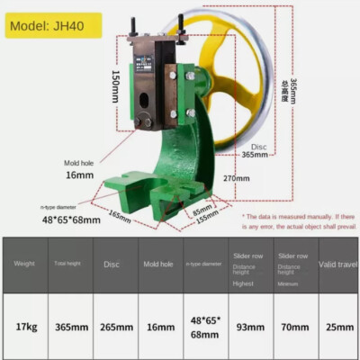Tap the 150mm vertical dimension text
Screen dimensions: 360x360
pyautogui.click(x=116, y=87)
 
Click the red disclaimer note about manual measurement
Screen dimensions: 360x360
pyautogui.click(x=300, y=221)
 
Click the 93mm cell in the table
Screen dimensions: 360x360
pyautogui.click(x=250, y=327)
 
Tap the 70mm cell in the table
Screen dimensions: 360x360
pyautogui.click(x=294, y=327)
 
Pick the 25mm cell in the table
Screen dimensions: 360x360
pyautogui.click(x=339, y=327)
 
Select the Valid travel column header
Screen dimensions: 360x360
pyautogui.click(x=339, y=264)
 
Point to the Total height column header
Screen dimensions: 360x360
pyautogui.click(x=69, y=264)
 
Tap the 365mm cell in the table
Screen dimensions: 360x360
pyautogui.click(x=69, y=327)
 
